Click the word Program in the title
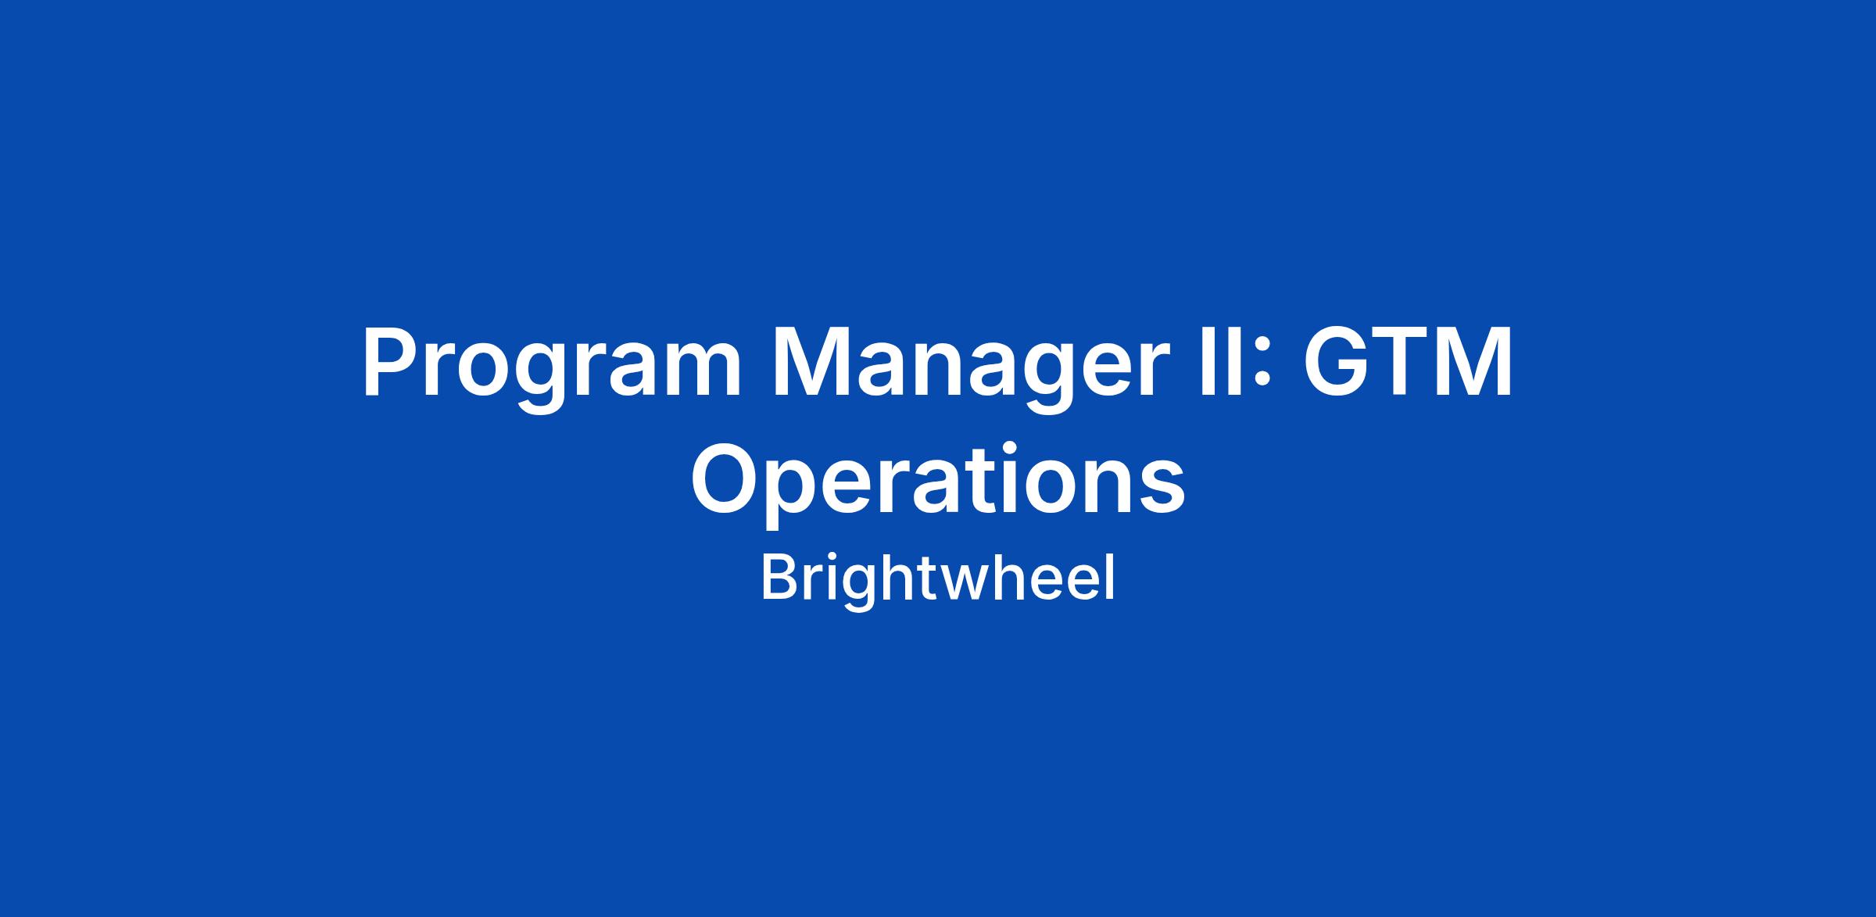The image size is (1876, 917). point(551,373)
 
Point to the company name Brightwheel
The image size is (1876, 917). point(938,579)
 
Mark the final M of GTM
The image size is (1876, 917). point(1473,364)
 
